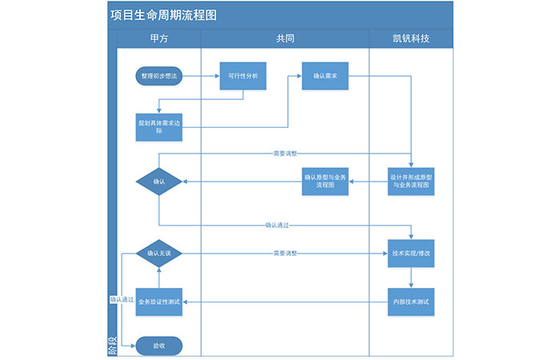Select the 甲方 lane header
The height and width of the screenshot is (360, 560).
(158, 39)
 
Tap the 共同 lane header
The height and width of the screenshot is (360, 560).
(285, 39)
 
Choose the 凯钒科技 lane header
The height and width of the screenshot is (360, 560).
(410, 39)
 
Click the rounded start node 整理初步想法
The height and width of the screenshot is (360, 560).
(159, 76)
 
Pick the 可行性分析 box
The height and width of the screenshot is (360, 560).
(242, 76)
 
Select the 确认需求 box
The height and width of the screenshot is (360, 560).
(325, 76)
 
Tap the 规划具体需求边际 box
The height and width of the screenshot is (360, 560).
(159, 126)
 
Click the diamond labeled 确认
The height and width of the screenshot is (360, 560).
(159, 182)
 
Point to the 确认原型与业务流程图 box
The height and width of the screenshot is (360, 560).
(325, 181)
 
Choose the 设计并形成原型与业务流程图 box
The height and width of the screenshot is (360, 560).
(411, 181)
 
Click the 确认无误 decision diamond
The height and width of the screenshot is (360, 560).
(159, 253)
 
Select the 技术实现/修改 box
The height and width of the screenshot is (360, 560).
(411, 253)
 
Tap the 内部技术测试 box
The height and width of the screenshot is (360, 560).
(411, 302)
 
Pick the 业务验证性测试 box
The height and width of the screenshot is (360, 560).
(159, 302)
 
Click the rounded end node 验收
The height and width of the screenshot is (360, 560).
(159, 346)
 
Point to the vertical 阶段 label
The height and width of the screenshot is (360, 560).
(112, 346)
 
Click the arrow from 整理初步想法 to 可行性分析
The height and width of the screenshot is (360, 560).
(201, 76)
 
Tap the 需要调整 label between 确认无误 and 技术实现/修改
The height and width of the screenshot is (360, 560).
(285, 253)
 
